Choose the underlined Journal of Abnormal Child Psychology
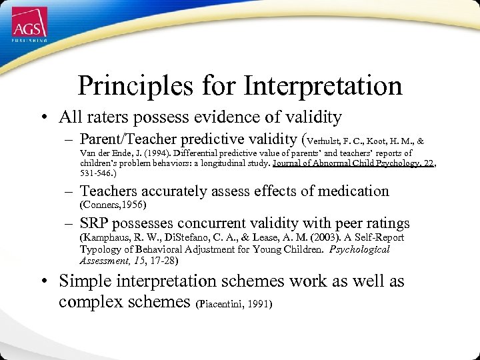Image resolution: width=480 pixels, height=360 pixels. (x=346, y=163)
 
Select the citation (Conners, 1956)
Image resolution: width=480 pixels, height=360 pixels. (x=112, y=204)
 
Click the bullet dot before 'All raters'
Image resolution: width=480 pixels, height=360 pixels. (x=43, y=119)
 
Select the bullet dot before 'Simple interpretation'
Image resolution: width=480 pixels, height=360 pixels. (x=43, y=282)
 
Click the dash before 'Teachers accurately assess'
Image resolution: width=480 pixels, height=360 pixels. (x=69, y=191)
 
